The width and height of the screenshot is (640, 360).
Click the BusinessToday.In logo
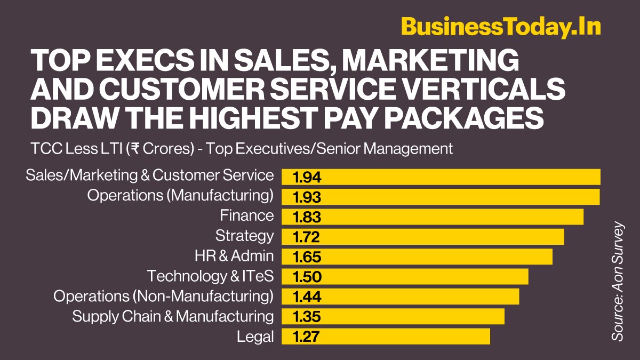[x=501, y=27]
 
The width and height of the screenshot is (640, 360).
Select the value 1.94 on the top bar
[x=307, y=177]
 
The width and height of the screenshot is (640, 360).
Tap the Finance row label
[x=247, y=215]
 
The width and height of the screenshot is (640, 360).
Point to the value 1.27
[x=307, y=337]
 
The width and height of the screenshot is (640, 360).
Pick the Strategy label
[x=244, y=235]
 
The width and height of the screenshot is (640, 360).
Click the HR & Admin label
[x=234, y=256]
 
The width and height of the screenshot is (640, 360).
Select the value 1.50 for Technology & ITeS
[x=307, y=277]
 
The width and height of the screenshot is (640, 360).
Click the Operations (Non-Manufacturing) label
[x=164, y=296]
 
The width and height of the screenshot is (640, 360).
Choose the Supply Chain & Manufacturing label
[x=173, y=316]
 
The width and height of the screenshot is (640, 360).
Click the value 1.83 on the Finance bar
[x=307, y=217]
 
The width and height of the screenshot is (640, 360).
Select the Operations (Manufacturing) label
[x=180, y=195]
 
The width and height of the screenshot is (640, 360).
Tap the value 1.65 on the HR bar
[x=307, y=257]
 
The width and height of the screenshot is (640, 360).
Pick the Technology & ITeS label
[x=210, y=276]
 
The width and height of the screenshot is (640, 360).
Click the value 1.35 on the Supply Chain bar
[x=307, y=317]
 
